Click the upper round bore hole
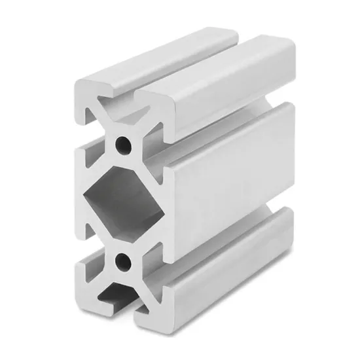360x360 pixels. point(123,142)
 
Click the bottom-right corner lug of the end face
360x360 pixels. point(154,308)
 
